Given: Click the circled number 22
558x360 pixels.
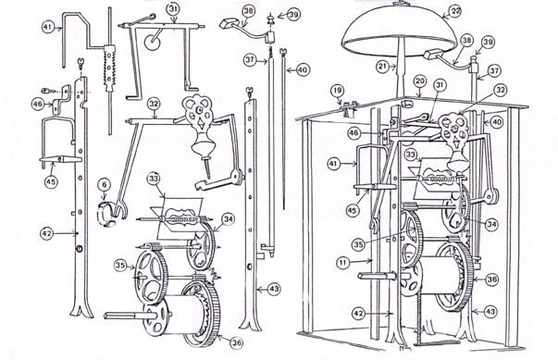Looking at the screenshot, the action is click(x=455, y=11).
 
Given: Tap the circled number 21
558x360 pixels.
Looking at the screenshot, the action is click(x=383, y=66).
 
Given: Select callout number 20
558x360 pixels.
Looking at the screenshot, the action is click(x=420, y=81).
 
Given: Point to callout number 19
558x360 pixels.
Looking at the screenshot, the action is click(x=338, y=91).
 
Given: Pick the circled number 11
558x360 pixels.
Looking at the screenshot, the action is click(x=343, y=263).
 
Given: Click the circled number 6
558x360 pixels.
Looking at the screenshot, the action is click(x=105, y=185).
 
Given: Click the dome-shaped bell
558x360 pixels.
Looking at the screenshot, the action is click(x=399, y=31).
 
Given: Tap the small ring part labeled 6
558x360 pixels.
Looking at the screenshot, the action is click(x=106, y=214).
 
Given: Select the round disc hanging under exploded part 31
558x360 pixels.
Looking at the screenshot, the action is click(x=153, y=43).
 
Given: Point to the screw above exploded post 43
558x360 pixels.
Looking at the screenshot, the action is click(x=250, y=93).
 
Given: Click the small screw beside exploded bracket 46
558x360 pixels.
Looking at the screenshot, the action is click(x=48, y=91).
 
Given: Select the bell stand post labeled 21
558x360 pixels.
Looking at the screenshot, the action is click(x=401, y=68).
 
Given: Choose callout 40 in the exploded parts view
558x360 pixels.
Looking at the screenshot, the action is click(x=303, y=69).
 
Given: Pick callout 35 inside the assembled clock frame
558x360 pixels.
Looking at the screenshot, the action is click(x=359, y=244).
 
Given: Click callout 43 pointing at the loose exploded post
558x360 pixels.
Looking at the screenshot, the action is click(x=273, y=289).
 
